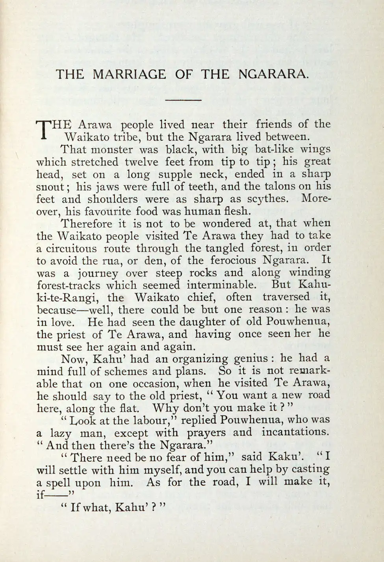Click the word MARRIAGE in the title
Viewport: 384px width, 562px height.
(x=129, y=74)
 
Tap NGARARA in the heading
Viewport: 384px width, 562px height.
(x=271, y=74)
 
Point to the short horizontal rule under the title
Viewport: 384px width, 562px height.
(x=183, y=100)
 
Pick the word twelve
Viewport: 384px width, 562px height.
(x=141, y=162)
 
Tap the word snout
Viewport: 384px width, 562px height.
(x=49, y=187)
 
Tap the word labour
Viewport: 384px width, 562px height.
(x=150, y=420)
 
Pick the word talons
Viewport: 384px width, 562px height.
(x=281, y=186)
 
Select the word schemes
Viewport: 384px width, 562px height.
(x=120, y=371)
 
